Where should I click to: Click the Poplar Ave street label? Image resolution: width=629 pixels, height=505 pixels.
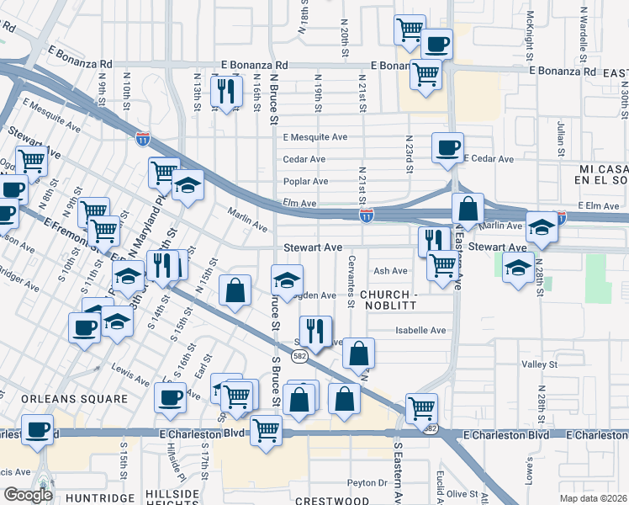(x=305, y=181)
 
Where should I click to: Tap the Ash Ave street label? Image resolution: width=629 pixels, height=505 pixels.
(x=390, y=271)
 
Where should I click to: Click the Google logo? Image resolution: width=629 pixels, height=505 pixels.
(x=27, y=495)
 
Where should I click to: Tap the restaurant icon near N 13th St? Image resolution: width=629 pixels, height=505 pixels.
(x=225, y=90)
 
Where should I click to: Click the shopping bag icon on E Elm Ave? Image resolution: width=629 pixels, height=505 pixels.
(x=467, y=207)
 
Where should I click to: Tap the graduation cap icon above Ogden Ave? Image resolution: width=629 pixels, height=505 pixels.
(x=287, y=279)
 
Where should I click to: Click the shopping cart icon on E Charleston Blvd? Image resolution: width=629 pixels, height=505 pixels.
(x=267, y=428)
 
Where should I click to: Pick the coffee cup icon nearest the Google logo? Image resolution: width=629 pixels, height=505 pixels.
(x=37, y=428)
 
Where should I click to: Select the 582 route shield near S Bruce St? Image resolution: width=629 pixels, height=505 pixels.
(x=299, y=357)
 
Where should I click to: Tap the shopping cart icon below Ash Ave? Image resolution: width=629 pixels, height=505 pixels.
(x=442, y=265)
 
